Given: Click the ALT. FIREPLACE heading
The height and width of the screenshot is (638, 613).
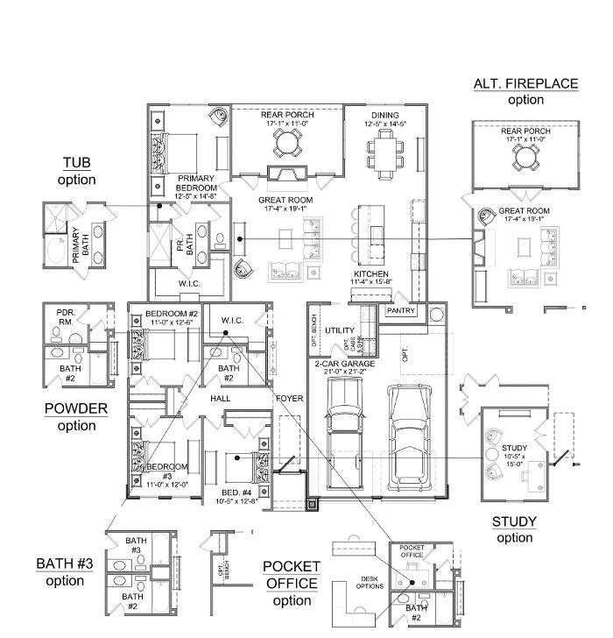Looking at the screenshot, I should point(525,84).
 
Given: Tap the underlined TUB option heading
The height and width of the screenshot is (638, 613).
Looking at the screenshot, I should point(76,163).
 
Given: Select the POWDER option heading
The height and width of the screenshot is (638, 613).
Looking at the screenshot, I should point(76,409).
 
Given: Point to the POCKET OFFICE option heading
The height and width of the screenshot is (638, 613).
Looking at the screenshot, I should point(291,567).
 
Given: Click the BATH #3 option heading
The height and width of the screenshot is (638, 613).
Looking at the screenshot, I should point(64,563).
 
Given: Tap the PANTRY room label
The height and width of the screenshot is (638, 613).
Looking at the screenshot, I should point(400,310).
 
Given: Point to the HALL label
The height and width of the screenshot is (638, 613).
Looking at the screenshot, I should point(219,398).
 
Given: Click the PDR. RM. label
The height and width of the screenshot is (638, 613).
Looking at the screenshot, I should point(65,315).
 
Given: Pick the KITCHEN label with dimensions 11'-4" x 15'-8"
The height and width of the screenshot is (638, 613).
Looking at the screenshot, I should point(359,275).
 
